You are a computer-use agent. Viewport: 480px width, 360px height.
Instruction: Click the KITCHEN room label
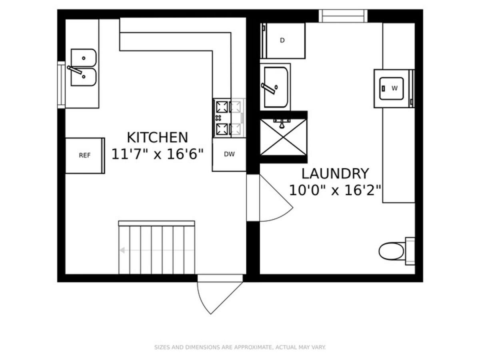[157, 138]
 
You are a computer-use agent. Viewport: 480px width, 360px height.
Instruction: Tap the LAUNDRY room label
[335, 174]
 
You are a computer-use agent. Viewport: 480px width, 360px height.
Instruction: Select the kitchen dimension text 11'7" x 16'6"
[157, 154]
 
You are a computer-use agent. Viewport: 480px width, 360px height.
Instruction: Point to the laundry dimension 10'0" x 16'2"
[335, 190]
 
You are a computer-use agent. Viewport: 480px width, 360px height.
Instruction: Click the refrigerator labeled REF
[85, 156]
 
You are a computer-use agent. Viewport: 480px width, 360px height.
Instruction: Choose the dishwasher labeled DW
[229, 154]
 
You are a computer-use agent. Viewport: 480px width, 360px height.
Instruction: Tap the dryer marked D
[283, 41]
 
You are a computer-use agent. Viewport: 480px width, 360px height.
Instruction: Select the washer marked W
[394, 88]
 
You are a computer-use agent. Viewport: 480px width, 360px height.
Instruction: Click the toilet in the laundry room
[397, 251]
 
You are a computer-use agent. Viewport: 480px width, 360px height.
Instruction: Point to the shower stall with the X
[284, 137]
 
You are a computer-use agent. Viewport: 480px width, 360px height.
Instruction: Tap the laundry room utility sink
[276, 87]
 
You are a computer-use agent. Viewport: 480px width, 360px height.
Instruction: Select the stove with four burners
[229, 118]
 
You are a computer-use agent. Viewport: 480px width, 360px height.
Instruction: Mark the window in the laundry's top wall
[343, 16]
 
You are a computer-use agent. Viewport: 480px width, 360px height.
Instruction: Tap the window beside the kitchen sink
[61, 85]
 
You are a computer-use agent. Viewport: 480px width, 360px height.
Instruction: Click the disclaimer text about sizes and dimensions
[240, 347]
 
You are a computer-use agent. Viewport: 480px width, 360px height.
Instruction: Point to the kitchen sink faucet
[75, 70]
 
